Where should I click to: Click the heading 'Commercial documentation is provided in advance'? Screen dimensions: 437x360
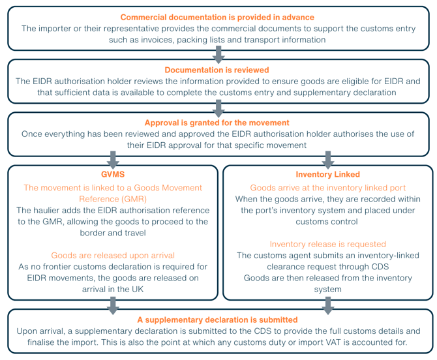(x=217, y=17)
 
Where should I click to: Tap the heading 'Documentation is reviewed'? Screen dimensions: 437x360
(x=217, y=70)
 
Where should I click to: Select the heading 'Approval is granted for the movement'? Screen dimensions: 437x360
(x=217, y=123)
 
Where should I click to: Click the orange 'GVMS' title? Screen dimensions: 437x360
(x=113, y=174)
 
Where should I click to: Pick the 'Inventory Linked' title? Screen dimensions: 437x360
(x=327, y=174)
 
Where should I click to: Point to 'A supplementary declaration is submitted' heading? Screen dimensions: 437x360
(x=217, y=320)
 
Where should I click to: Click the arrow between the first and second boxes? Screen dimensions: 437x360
(x=218, y=55)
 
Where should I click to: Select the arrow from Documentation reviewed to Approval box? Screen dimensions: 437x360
(x=218, y=108)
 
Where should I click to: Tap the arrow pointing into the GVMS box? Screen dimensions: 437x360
(x=113, y=160)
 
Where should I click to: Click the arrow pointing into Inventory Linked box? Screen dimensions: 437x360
(x=328, y=160)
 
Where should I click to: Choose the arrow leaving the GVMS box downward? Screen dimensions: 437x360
(x=113, y=306)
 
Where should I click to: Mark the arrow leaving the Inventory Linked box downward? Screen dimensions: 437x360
(x=328, y=306)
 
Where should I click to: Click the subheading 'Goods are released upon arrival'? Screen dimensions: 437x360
(x=113, y=256)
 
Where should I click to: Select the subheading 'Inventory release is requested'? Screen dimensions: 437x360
(x=327, y=245)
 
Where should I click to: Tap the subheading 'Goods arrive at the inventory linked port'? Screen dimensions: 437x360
(x=327, y=188)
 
